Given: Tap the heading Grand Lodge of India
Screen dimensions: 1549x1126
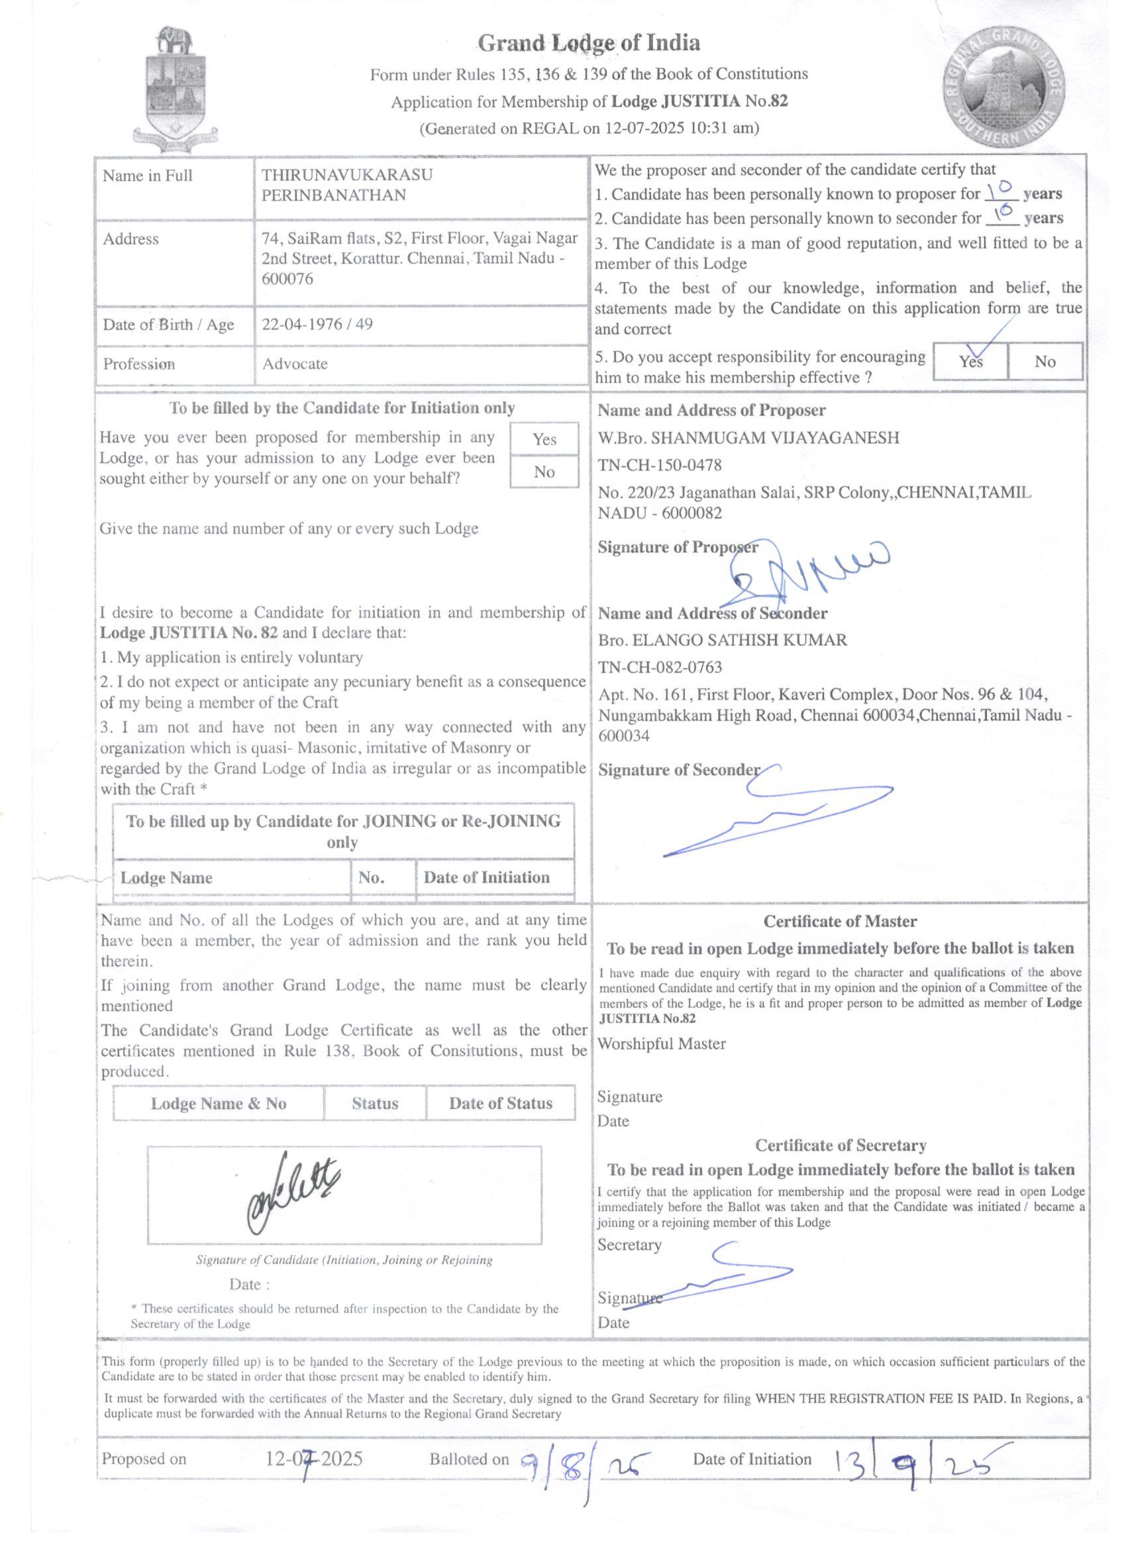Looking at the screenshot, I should (x=589, y=43).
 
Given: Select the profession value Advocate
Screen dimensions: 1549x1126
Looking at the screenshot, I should (x=295, y=364).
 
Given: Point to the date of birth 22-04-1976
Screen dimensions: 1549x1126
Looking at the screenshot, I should (x=302, y=324).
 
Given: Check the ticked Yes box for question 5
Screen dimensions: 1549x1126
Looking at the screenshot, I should (x=970, y=361).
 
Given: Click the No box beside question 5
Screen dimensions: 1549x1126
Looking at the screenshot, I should (x=1045, y=361).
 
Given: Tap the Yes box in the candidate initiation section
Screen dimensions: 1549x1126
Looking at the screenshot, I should (x=544, y=439).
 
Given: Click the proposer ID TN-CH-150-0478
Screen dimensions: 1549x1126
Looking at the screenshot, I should (x=660, y=466).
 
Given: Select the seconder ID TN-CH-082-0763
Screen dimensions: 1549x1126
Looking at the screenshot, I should (x=660, y=667).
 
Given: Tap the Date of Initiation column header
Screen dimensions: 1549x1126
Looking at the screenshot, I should (x=486, y=878).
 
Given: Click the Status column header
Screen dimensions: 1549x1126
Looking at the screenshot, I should (x=375, y=1103).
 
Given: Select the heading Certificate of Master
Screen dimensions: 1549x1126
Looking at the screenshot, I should (x=840, y=922).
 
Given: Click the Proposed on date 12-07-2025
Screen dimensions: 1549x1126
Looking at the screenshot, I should (x=314, y=1460).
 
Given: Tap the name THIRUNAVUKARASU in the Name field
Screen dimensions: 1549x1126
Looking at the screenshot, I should (x=347, y=175).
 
